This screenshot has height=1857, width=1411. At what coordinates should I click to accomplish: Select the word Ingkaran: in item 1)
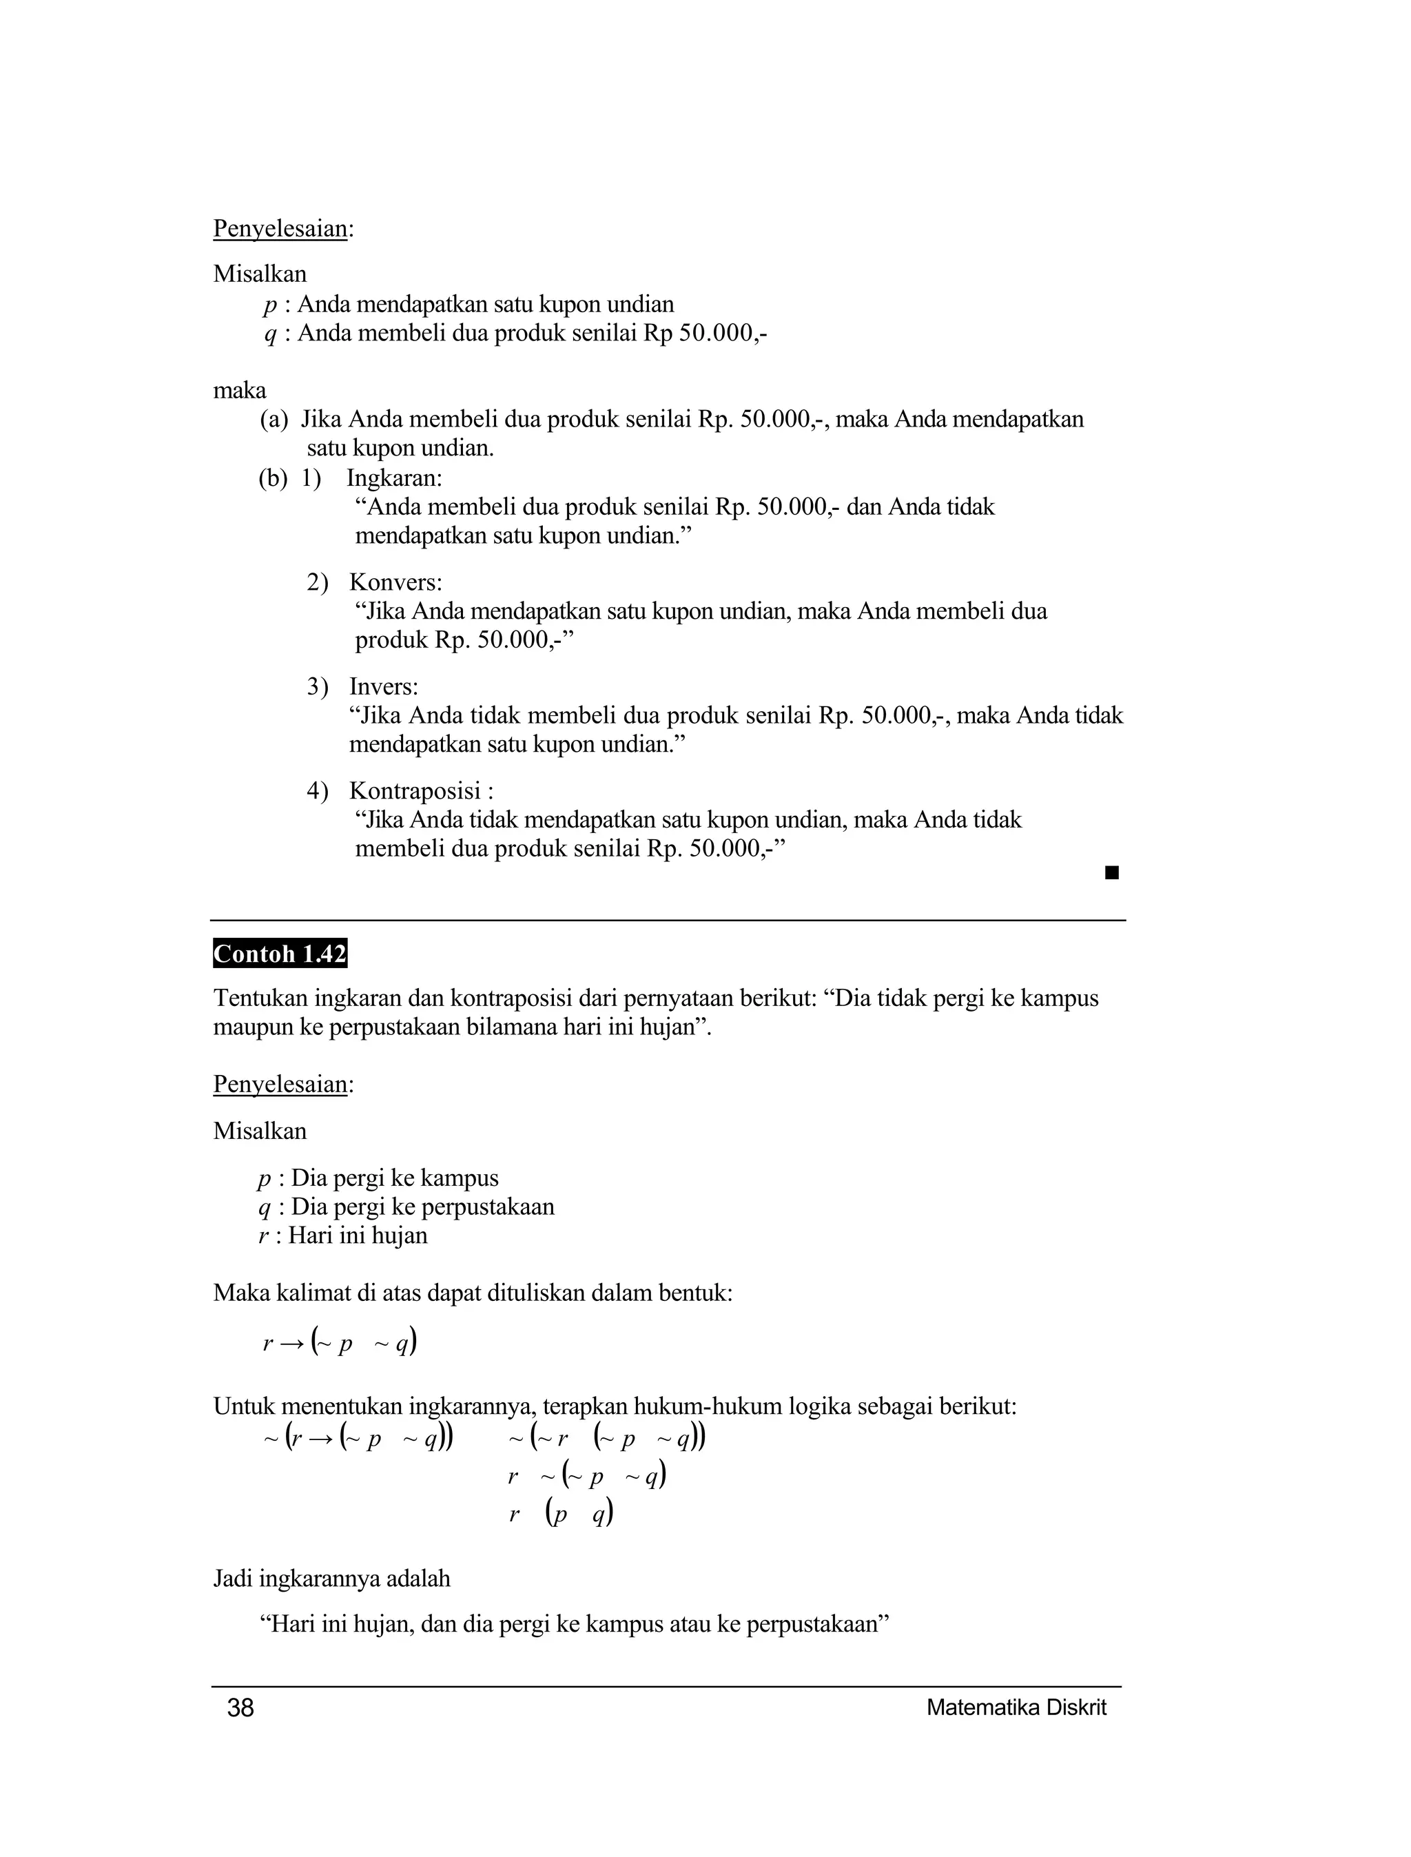click(x=394, y=478)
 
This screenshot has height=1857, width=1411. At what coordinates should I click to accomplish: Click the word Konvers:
click(x=395, y=582)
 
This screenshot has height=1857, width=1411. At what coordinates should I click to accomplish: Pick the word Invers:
click(x=384, y=686)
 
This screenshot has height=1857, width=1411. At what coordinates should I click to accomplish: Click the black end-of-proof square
click(x=1112, y=874)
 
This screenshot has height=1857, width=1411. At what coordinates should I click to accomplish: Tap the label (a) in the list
click(x=274, y=419)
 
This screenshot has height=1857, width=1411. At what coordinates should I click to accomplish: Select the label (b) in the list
click(x=273, y=478)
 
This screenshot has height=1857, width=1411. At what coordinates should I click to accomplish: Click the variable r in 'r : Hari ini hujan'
click(x=264, y=1235)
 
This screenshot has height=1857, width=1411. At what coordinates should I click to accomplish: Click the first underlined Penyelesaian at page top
click(x=280, y=229)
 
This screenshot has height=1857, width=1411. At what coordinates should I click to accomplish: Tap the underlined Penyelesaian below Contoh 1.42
click(x=280, y=1085)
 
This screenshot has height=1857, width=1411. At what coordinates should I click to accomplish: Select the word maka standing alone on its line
click(x=239, y=391)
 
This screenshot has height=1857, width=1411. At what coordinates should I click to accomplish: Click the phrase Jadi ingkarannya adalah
click(x=332, y=1579)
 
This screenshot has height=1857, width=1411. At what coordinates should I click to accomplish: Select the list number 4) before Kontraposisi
click(x=317, y=790)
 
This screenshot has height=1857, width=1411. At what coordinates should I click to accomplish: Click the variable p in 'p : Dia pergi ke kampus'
click(x=265, y=1179)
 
